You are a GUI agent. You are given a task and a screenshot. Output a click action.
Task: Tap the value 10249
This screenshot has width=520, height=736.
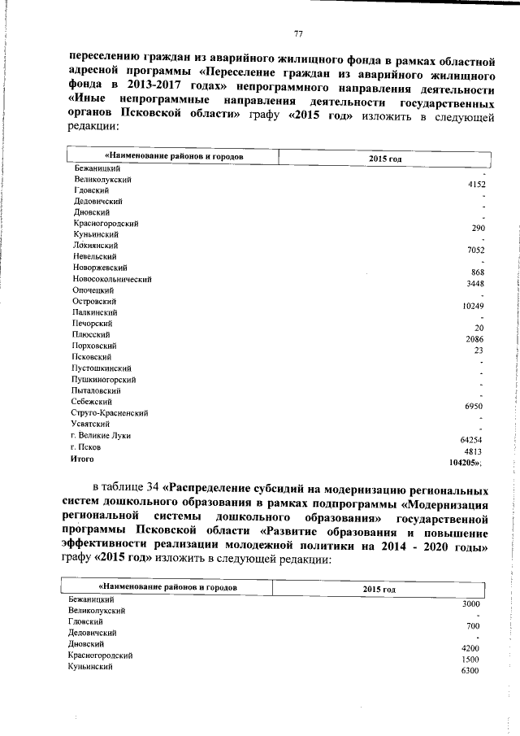coord(471,306)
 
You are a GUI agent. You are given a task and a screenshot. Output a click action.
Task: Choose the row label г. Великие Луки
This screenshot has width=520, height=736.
coord(101,435)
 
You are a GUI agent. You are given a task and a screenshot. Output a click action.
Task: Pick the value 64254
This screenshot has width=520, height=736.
coord(471,439)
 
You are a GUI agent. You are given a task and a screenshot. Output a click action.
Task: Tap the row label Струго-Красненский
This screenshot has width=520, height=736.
coord(110,412)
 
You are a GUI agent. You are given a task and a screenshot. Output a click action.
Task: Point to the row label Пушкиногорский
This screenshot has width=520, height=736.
coord(104,379)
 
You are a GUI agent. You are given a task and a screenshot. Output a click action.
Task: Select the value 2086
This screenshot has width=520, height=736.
coord(475,338)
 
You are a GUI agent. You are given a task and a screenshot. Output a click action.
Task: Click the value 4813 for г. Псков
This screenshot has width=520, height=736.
coord(474,451)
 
